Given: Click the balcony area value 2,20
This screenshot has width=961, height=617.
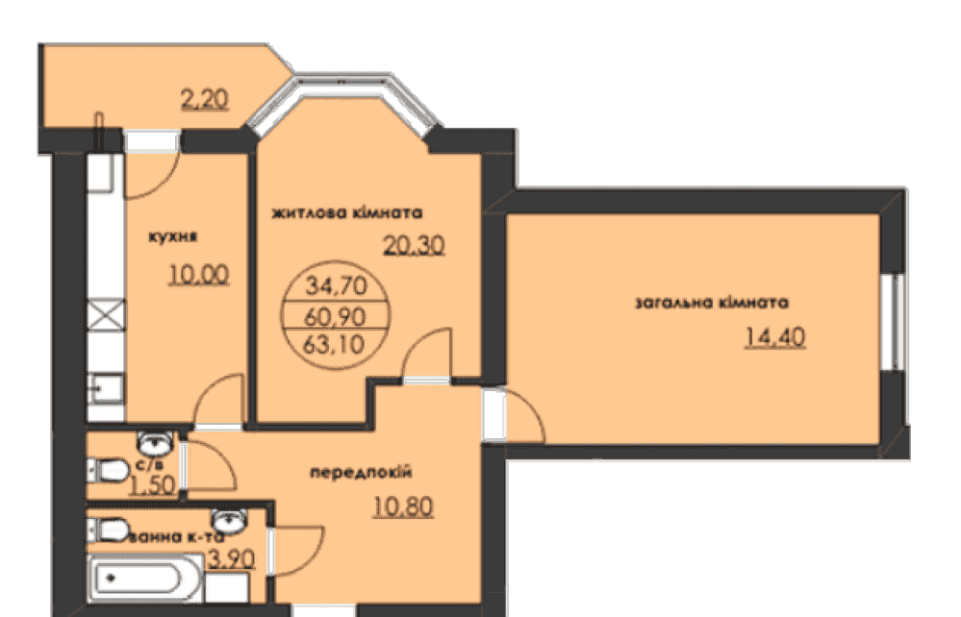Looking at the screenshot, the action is [205, 99].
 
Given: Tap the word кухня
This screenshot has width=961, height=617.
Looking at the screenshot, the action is [173, 236].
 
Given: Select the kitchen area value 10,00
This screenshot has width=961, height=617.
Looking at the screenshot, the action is [199, 275].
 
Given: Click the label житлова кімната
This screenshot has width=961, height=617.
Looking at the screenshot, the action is [347, 213].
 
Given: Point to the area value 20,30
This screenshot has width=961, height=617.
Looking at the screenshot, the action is [414, 245].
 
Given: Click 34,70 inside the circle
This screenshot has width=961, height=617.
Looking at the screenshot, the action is [336, 285].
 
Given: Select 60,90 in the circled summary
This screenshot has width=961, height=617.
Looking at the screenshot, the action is [335, 316].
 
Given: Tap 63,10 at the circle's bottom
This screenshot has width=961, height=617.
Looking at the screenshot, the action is [334, 345].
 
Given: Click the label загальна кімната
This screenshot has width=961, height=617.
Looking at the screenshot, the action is [712, 303].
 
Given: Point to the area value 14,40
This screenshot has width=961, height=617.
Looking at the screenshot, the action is [775, 337].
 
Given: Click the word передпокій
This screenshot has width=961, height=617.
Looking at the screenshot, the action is [361, 473].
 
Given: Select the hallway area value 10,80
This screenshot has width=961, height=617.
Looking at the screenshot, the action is [403, 506].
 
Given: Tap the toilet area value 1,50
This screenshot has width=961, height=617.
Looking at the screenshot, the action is [153, 485].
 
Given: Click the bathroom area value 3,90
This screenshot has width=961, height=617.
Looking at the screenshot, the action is [231, 558].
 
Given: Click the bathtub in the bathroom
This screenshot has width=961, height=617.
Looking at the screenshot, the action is [145, 579].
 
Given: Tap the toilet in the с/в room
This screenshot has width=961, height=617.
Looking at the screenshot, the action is [108, 471].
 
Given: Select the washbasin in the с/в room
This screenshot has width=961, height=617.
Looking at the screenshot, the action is [155, 442].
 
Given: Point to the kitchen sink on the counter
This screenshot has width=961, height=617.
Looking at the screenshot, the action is [106, 388].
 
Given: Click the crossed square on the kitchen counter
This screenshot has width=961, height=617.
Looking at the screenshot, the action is [106, 315].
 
